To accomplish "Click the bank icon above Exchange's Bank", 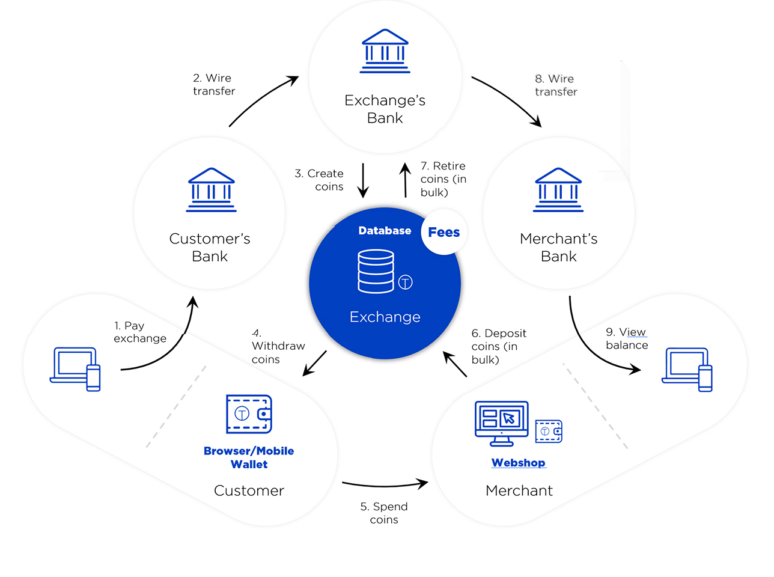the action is tap(385, 51).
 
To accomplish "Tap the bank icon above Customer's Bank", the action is tap(211, 190).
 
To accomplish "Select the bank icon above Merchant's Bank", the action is tap(558, 190).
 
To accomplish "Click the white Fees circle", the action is tap(444, 232).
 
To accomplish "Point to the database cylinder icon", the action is tap(376, 271).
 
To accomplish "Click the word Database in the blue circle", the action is tap(385, 230).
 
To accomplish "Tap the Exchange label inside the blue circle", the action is tap(385, 317).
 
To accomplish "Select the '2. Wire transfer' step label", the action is tap(214, 85).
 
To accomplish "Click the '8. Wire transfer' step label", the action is tap(556, 85).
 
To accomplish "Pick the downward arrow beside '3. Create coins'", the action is tap(363, 180).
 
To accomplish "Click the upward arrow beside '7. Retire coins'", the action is tap(405, 180).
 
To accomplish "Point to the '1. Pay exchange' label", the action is tap(140, 332).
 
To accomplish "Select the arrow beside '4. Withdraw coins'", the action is tap(314, 363).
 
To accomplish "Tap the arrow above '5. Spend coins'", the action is tap(385, 484).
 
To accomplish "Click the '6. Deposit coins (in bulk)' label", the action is tap(499, 346).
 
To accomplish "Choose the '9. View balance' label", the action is tap(627, 338).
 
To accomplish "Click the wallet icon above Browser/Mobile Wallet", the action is tap(249, 414).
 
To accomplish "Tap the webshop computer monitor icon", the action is tap(501, 424).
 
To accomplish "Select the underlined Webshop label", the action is tap(519, 462).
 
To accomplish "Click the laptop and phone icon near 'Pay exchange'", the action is tap(75, 369).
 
